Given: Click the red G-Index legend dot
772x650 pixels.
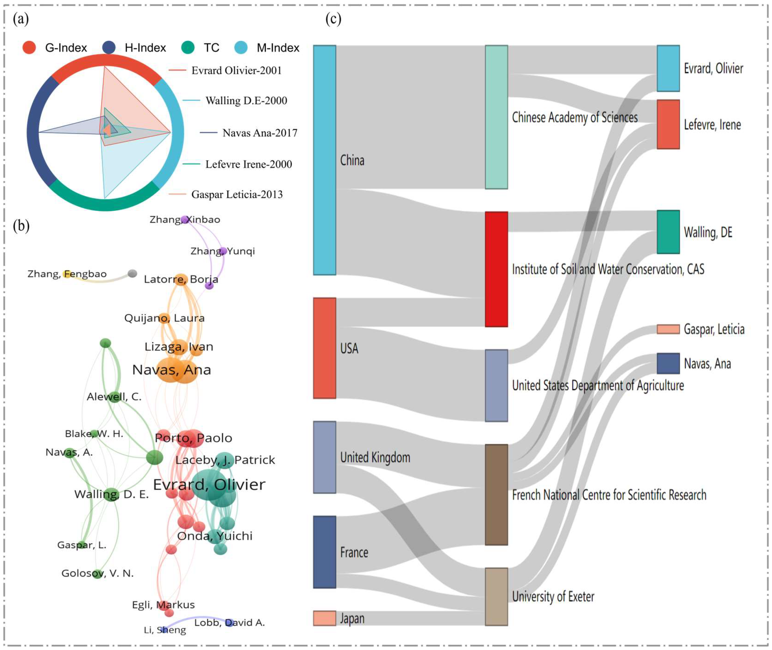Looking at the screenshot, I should click(x=29, y=48).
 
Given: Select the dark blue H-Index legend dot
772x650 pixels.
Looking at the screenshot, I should click(x=109, y=48).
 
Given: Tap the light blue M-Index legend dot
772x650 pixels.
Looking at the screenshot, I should click(x=241, y=48).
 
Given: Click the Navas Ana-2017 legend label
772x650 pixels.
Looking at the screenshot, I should click(x=259, y=133).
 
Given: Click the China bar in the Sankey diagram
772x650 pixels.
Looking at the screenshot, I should click(x=324, y=160).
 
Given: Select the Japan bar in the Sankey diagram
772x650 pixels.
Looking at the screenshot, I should click(x=324, y=618).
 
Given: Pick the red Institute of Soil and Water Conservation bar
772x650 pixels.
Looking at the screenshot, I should click(x=496, y=269).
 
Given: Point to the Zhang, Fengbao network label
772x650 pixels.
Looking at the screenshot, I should click(x=67, y=274).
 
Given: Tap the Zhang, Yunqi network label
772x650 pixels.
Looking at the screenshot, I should click(x=223, y=251).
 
